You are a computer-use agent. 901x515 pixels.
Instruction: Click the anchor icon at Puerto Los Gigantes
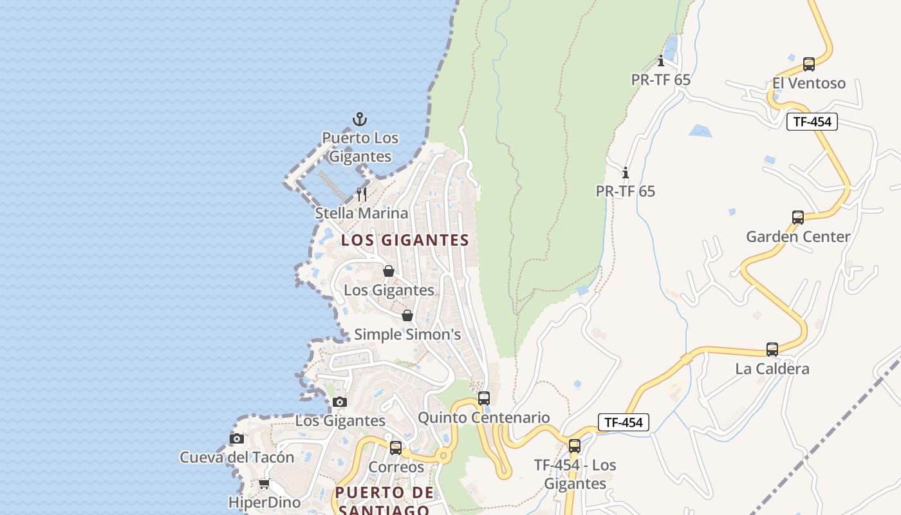tap(360, 119)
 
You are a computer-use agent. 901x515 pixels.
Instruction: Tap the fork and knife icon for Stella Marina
tap(362, 194)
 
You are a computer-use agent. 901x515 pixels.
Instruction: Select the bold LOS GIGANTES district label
tap(405, 240)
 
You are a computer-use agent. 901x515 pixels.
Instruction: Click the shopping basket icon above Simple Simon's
tap(407, 315)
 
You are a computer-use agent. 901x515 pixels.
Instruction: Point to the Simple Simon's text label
tap(407, 335)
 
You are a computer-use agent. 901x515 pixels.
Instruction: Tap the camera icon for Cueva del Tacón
tap(237, 438)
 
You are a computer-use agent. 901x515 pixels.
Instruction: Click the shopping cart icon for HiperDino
tap(264, 483)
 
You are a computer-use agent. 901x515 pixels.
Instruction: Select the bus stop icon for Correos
tap(396, 447)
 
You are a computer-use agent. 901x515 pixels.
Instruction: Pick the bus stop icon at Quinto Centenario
tap(484, 398)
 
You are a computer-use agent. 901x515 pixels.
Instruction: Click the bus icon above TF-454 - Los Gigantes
tap(575, 445)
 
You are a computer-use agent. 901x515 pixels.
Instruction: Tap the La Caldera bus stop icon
tap(772, 350)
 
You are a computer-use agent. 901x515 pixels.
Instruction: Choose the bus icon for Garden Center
tap(798, 218)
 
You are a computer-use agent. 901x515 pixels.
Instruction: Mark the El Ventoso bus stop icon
tap(809, 64)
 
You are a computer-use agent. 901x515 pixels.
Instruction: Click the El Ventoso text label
tap(809, 83)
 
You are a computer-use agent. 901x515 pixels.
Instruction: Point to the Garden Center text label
tap(798, 237)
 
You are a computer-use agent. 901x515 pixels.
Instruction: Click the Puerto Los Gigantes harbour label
tap(360, 147)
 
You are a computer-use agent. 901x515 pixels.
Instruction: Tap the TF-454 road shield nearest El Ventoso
tap(812, 122)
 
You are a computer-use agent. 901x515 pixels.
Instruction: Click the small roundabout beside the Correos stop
tap(443, 456)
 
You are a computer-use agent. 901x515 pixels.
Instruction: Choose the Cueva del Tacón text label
tap(237, 458)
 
